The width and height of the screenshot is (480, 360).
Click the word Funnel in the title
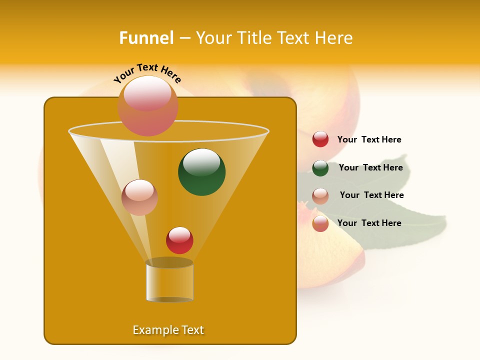(146, 38)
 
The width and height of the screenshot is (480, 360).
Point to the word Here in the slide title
(331, 38)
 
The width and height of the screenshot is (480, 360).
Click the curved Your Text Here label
(147, 72)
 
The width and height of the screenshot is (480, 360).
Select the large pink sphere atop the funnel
(147, 105)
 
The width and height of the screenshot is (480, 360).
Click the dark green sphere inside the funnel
(201, 172)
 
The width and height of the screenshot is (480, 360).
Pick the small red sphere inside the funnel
(179, 240)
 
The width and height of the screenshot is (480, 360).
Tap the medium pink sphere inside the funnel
(139, 197)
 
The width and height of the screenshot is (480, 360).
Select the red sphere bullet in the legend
(320, 139)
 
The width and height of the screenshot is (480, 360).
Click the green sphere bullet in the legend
(320, 168)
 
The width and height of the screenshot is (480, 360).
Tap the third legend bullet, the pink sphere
(320, 196)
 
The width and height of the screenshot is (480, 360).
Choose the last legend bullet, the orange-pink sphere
(320, 223)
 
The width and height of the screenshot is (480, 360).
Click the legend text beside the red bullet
(369, 139)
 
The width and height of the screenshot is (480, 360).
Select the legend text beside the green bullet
(370, 167)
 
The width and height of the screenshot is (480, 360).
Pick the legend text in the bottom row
(369, 223)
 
